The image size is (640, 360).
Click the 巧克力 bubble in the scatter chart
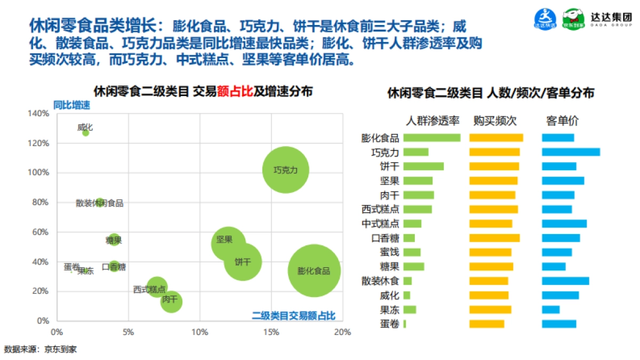tap(286, 170)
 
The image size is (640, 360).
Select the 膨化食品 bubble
tap(314, 270)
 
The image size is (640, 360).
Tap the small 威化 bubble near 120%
tap(85, 132)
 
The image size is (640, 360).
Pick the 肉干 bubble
tap(171, 301)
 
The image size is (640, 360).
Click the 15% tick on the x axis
tap(271, 332)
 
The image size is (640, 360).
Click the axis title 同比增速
tap(71, 105)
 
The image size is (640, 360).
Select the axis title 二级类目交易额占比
tap(294, 316)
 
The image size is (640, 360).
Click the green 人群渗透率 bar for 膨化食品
tap(431, 138)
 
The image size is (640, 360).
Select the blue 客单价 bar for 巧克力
tap(571, 152)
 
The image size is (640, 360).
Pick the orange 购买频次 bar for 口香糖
tap(494, 238)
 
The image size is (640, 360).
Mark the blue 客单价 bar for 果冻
tap(550, 309)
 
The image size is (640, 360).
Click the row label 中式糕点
tap(380, 223)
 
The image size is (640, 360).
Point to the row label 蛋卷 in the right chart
tap(390, 324)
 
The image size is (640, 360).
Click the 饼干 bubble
tap(243, 261)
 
